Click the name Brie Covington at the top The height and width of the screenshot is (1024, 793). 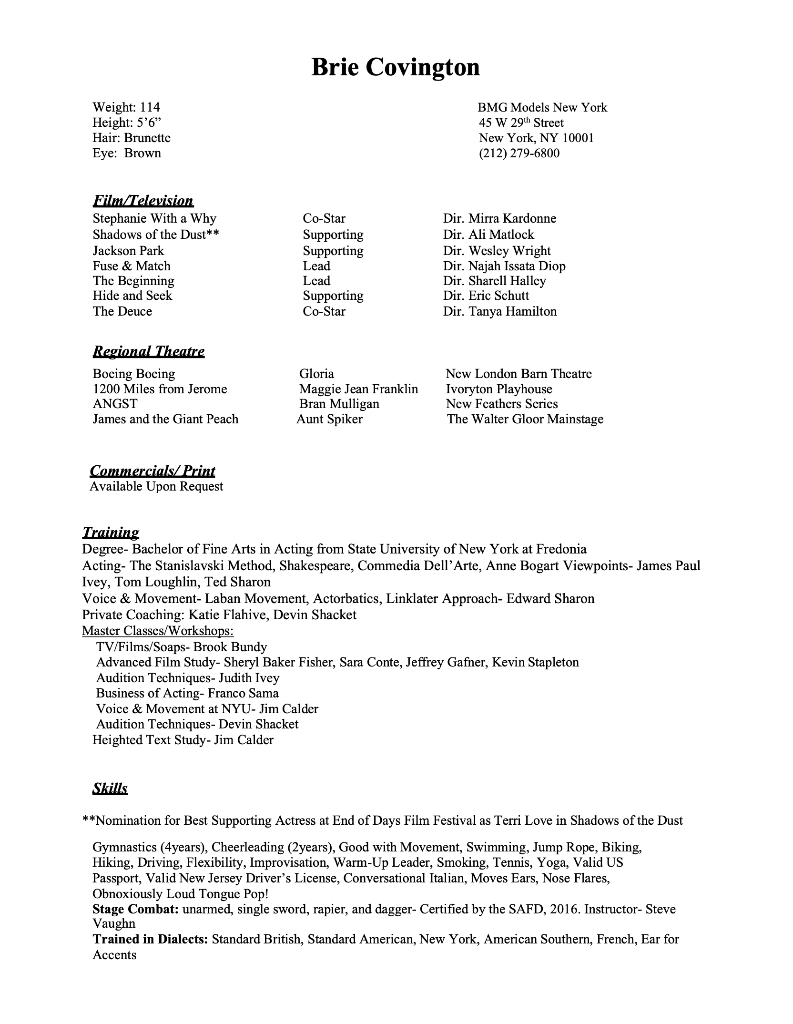395,67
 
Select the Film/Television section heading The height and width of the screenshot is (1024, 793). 143,201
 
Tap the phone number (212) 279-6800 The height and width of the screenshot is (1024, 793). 519,154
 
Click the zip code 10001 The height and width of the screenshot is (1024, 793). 578,138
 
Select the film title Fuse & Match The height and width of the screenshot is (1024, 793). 132,266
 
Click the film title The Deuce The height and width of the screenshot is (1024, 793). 122,311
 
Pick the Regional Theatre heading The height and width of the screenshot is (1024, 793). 148,352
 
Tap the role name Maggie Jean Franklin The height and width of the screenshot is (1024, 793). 358,389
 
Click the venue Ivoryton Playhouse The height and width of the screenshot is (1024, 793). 499,389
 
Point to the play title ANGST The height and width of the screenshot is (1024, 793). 115,404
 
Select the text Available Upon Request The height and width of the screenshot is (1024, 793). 156,486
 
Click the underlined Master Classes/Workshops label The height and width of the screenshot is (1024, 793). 158,631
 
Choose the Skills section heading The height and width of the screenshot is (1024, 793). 110,789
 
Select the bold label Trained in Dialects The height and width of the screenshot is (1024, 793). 150,939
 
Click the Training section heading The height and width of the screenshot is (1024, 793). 111,532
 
